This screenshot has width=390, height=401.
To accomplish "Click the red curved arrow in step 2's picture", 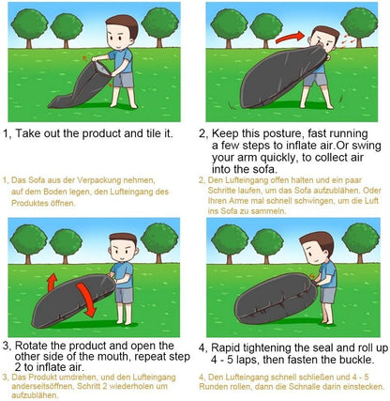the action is coord(290,38).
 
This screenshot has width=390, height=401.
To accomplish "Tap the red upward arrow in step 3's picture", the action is coord(52,282).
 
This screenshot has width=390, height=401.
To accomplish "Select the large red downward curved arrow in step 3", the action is coord(86,300).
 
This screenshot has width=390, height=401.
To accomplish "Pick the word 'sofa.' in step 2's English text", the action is coord(264,169).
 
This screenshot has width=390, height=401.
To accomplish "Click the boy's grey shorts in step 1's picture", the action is coord(124,80).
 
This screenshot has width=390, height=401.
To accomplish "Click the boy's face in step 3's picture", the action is coord(123,250).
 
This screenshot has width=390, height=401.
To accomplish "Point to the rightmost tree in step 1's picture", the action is coord(160,26).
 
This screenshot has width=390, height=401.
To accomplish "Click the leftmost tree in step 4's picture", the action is coord(230,243).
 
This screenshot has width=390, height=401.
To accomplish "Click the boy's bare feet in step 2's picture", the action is coord(316,106).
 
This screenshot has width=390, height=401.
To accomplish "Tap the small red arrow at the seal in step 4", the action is coord(312,275).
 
